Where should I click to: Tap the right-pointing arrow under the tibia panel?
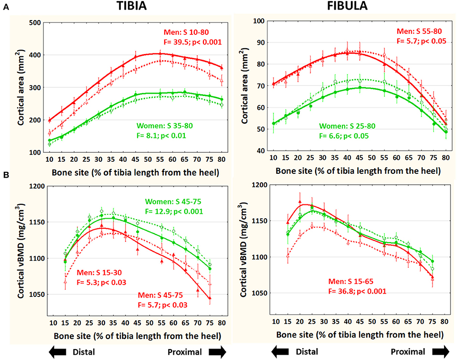coord(219,352)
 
